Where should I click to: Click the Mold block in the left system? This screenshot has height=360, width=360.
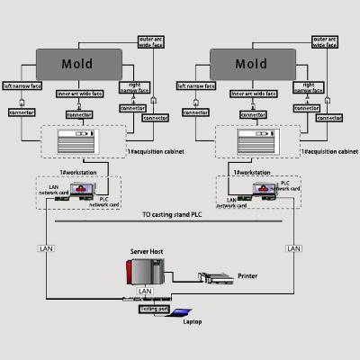tap(76, 65)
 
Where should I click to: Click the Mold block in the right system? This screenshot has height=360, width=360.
tap(251, 65)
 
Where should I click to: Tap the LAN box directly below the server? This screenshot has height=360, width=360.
tap(143, 292)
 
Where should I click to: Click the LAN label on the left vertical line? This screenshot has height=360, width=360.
tap(45, 247)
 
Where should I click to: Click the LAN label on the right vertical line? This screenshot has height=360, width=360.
tap(292, 247)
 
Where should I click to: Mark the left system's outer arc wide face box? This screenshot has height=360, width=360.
tap(148, 42)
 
